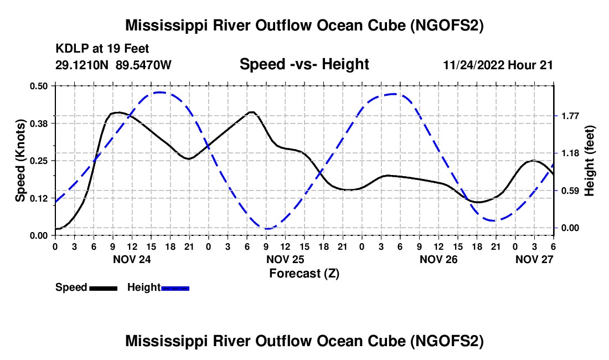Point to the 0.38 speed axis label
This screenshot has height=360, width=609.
point(38,124)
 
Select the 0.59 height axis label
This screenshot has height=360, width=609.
point(570,191)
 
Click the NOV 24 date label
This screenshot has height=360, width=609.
point(132,259)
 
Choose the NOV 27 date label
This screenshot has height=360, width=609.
point(534,259)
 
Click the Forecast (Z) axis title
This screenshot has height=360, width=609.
point(304,274)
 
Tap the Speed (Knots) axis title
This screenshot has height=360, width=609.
point(20,161)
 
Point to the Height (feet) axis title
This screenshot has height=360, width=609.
point(589,161)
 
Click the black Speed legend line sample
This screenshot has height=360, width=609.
point(104,288)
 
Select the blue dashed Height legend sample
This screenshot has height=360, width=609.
point(175,288)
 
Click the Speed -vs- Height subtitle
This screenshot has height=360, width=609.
point(304,64)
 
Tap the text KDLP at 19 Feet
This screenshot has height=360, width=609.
point(102,49)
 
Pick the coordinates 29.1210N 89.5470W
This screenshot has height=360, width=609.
point(113,65)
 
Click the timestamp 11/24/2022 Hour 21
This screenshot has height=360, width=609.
point(498,65)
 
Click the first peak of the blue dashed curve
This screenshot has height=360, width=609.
point(159,92)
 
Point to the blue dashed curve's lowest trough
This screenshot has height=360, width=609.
point(267,229)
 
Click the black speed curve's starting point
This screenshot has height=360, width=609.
point(55,229)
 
